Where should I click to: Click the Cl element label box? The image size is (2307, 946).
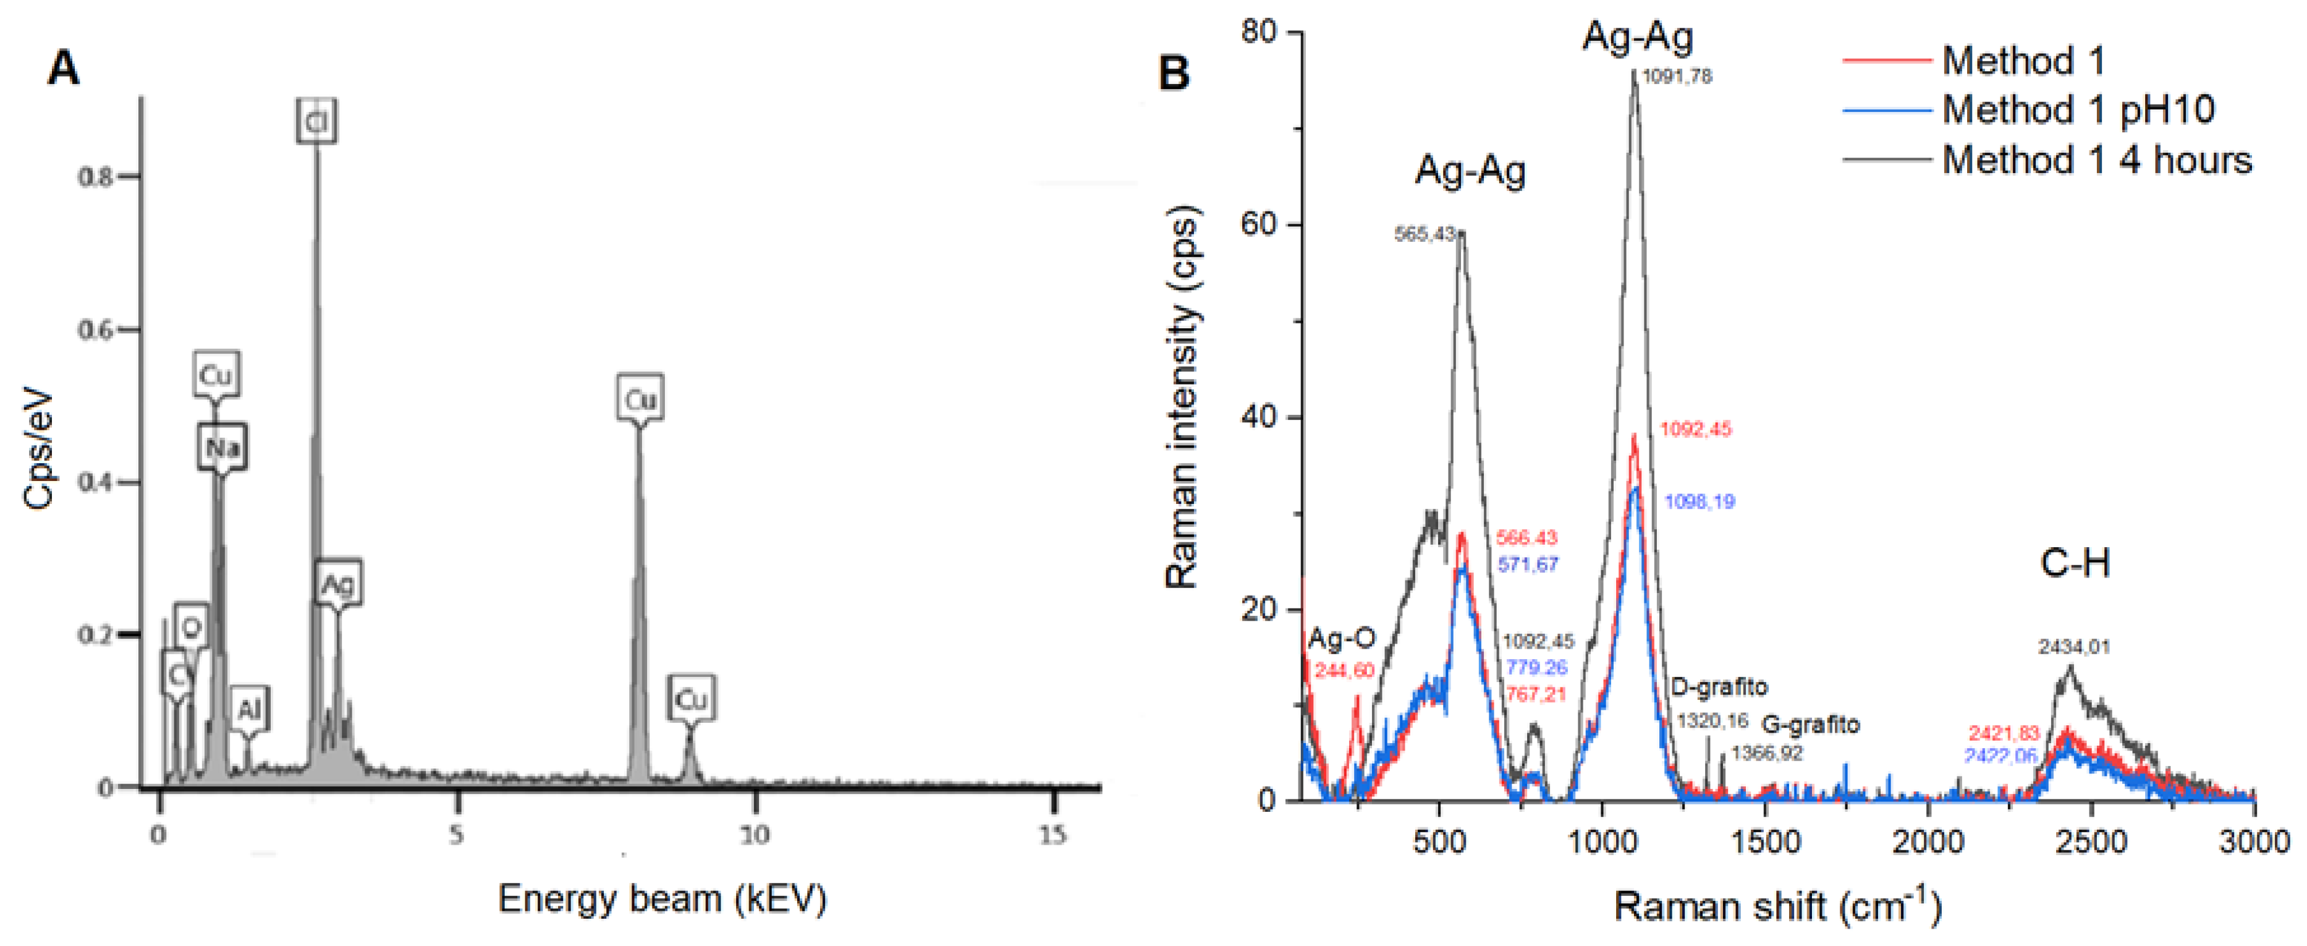[x=316, y=121]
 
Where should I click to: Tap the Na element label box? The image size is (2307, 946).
[x=222, y=446]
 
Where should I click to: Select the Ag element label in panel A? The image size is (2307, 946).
[x=337, y=585]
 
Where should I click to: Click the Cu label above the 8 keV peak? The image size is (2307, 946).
[x=640, y=399]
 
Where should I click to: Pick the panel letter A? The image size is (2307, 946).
[x=62, y=68]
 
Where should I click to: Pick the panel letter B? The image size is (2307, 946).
[x=1174, y=72]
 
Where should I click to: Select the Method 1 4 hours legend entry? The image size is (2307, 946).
[x=2096, y=160]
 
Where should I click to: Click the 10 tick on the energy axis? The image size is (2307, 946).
[x=754, y=835]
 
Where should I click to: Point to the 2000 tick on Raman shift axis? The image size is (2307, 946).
[x=1928, y=842]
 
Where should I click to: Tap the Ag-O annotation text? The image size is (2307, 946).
[x=1340, y=639]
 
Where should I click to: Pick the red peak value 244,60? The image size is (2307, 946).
[x=1344, y=670]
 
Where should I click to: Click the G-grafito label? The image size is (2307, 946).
[x=1811, y=724]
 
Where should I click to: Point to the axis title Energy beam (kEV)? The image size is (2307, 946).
[x=662, y=898]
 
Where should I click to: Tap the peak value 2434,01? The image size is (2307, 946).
[x=2074, y=646]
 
